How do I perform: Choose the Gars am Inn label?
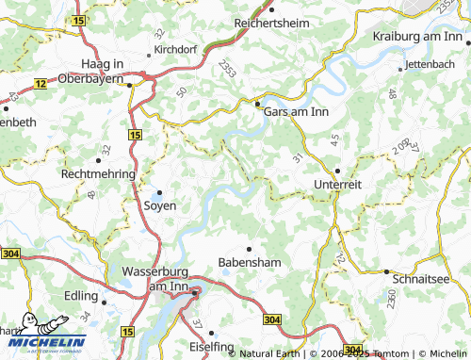[298, 110]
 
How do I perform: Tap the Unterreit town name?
[338, 185]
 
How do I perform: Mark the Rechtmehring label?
[98, 174]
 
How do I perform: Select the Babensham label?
[250, 261]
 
